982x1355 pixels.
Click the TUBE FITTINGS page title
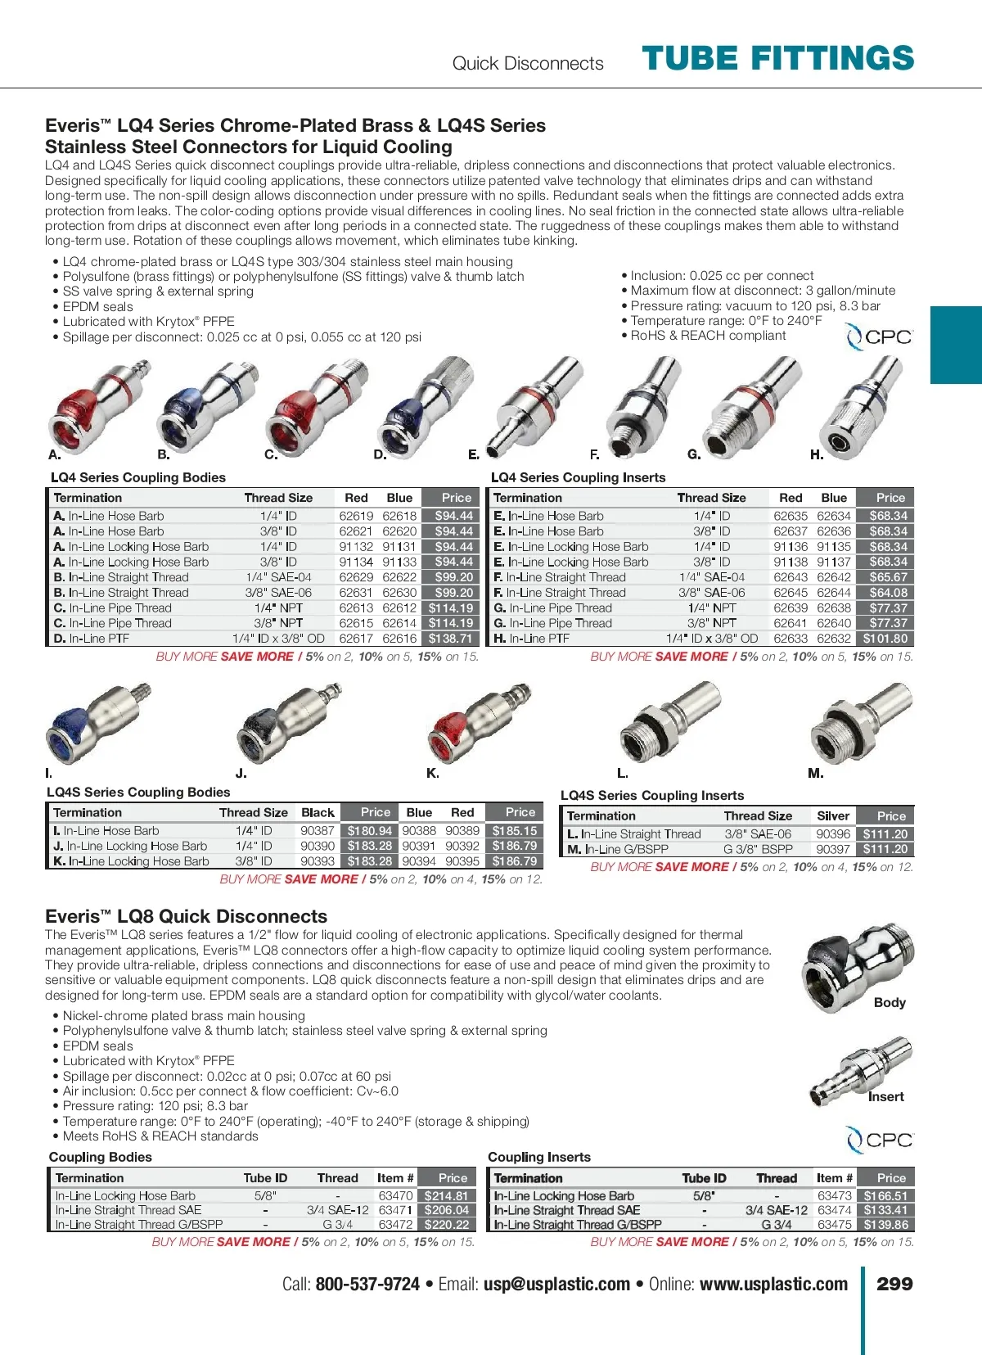pos(777,59)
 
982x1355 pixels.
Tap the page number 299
pos(894,1284)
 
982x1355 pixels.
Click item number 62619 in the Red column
pos(356,516)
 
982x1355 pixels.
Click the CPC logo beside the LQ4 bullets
pos(879,336)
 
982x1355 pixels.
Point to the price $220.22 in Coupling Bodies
pos(447,1225)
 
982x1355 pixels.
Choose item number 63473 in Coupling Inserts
pos(834,1195)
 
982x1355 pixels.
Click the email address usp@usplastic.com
pos(556,1284)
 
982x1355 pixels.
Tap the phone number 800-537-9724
pos(367,1284)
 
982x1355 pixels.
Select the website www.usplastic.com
pos(773,1284)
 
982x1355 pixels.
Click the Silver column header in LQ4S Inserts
pos(833,815)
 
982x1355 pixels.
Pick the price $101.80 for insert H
pos(885,639)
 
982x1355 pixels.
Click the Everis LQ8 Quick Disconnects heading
pos(186,916)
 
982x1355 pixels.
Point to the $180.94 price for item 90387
pos(370,830)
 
